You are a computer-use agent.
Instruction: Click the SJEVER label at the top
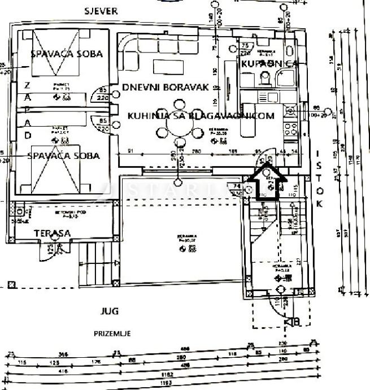pyautogui.click(x=101, y=11)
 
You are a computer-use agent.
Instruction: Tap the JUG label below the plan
pyautogui.click(x=110, y=311)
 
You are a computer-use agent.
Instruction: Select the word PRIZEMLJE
pyautogui.click(x=112, y=333)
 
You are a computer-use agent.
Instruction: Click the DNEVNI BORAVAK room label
pyautogui.click(x=166, y=88)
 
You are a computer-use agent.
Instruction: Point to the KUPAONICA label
pyautogui.click(x=269, y=64)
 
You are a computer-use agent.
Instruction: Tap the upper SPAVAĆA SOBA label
pyautogui.click(x=67, y=54)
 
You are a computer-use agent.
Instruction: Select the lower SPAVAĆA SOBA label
pyautogui.click(x=64, y=156)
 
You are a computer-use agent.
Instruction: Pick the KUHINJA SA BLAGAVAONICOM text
pyautogui.click(x=201, y=116)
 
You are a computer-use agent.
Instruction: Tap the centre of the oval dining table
pyautogui.click(x=179, y=126)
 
